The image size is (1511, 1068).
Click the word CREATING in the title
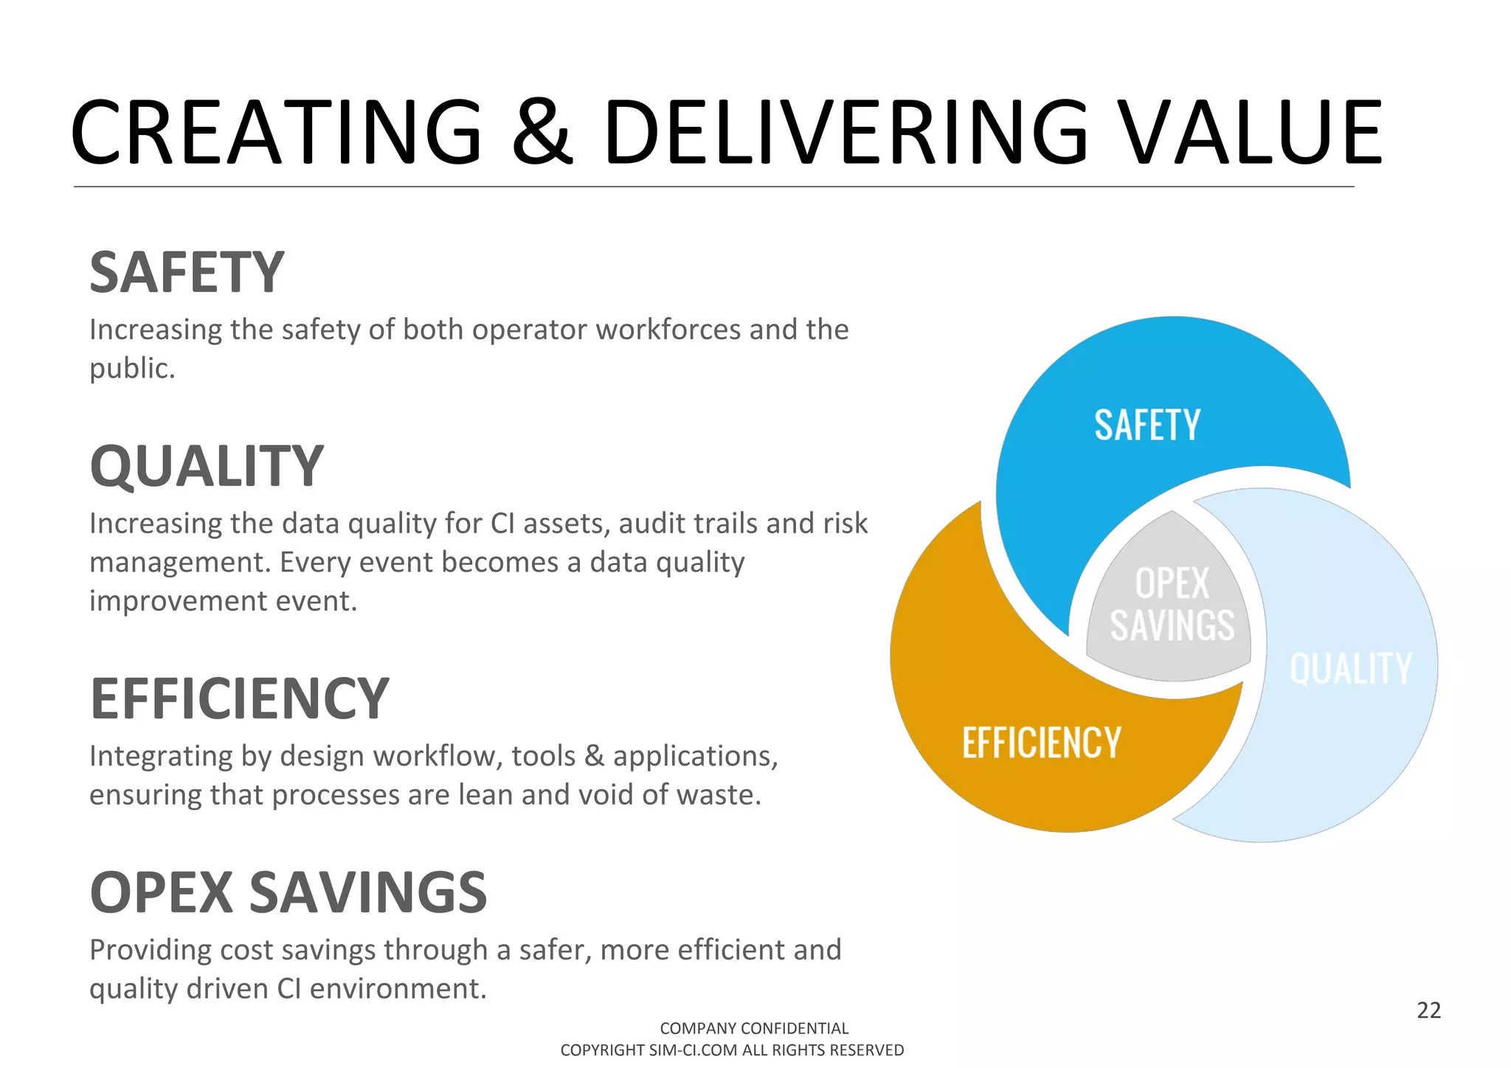tap(276, 133)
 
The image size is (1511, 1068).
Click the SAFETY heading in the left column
tap(187, 273)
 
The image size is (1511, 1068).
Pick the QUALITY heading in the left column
tap(207, 467)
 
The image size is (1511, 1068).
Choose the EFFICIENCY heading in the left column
tap(239, 699)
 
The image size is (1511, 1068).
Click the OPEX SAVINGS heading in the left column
tap(288, 892)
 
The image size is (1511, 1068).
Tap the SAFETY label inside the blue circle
tap(1147, 426)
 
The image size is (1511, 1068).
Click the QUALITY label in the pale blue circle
tap(1350, 669)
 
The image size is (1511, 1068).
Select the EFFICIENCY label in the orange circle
tap(1041, 743)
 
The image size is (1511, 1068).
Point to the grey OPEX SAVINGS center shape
tap(1172, 605)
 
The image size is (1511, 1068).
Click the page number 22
tap(1428, 1010)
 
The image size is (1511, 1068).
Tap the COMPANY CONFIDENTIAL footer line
tap(754, 1028)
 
